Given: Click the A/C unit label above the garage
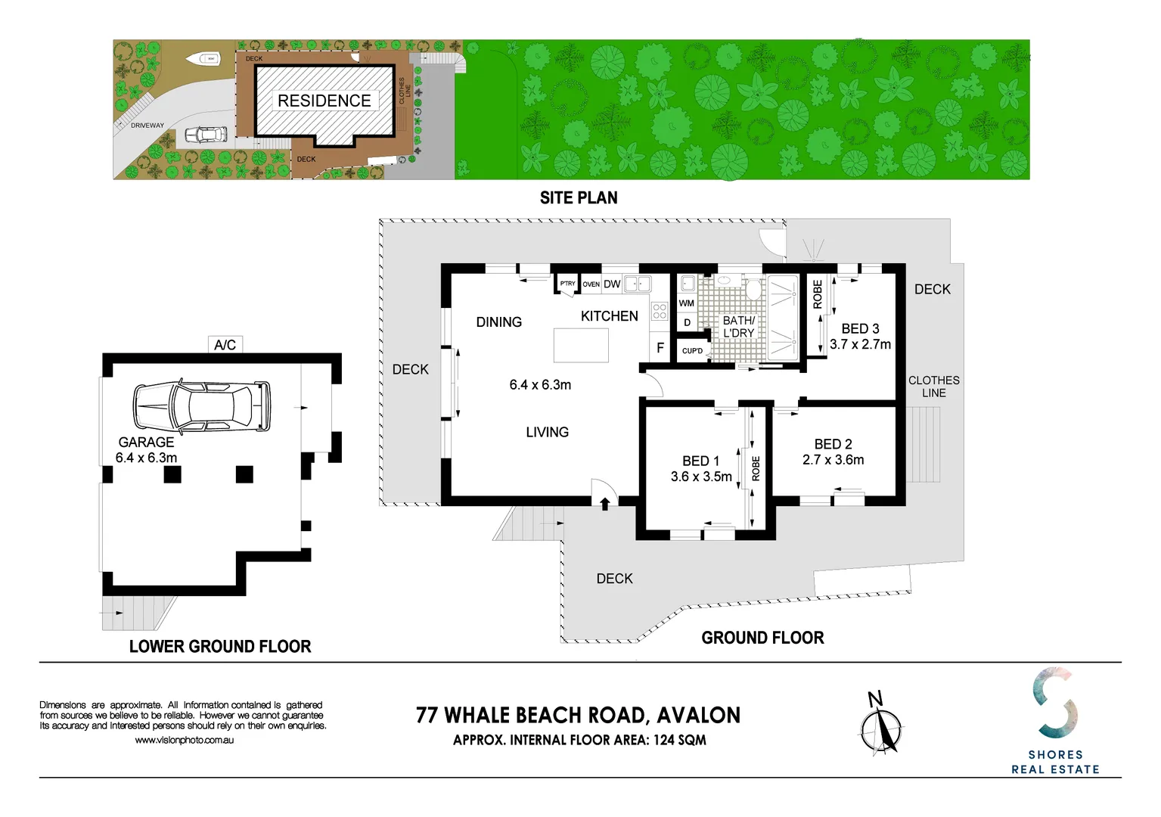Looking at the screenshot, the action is point(225,345).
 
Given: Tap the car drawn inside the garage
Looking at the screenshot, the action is point(202,406).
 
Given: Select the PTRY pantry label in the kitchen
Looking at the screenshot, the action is point(567,284).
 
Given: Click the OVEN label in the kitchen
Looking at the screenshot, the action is point(591,284).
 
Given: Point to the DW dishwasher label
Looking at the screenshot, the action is point(612,284).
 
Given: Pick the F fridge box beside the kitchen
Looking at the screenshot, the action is point(660,347).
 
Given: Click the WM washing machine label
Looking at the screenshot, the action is point(686,303).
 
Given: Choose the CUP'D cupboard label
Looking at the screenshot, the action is point(693,351).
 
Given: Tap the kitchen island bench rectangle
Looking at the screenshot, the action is point(581,345).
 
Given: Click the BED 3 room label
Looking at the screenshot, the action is point(861,328).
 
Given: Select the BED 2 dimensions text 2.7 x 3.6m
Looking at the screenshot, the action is point(833,460).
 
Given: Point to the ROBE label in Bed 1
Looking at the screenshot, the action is point(756,468).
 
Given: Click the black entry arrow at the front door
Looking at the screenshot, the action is point(604,504).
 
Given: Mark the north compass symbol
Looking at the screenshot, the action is point(881,724).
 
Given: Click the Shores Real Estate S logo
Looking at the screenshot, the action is point(1055,702).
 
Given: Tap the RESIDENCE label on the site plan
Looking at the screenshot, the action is point(324,101).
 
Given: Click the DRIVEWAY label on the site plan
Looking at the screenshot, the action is point(147,126).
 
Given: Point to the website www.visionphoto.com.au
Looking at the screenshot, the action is point(185,741).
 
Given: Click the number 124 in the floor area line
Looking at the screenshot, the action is point(664,740).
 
